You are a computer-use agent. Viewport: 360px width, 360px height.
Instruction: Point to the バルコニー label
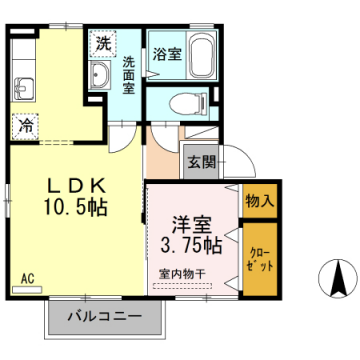tap(104, 319)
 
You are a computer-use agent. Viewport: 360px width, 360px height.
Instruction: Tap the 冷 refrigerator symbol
tap(25, 127)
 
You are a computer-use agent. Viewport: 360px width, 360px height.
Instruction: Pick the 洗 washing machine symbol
tap(102, 43)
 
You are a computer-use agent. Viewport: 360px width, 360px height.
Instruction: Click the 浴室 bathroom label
tap(166, 52)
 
